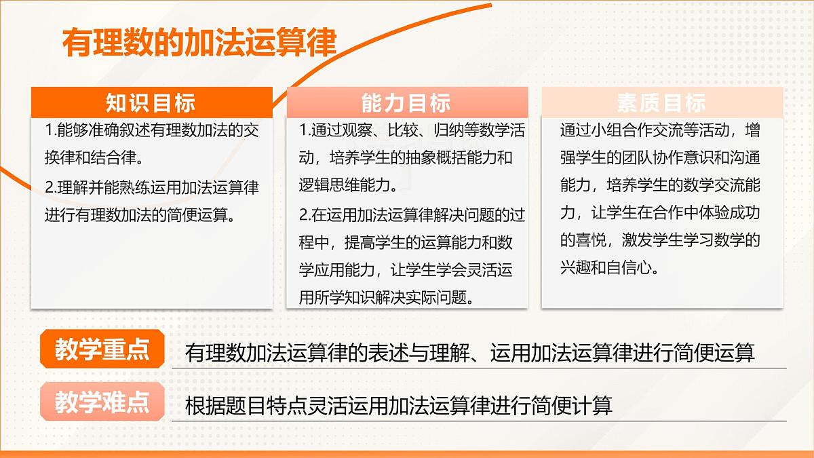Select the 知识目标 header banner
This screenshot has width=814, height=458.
tap(151, 102)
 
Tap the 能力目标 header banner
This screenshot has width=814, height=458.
tap(406, 103)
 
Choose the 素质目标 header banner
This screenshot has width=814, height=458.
tap(661, 102)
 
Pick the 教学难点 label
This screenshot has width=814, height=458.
tap(102, 403)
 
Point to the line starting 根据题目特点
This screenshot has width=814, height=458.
tap(398, 406)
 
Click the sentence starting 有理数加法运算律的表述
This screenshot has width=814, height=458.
tap(469, 353)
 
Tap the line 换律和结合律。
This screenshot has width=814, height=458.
tap(94, 158)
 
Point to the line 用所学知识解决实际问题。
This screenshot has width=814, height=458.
tap(386, 297)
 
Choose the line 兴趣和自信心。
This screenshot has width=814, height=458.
tap(610, 267)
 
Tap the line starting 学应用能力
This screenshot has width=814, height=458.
tap(406, 269)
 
